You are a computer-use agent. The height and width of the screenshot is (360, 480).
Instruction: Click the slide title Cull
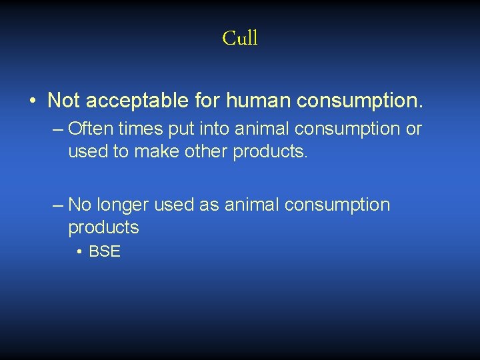click(x=240, y=38)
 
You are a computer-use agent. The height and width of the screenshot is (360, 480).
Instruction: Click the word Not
click(x=63, y=101)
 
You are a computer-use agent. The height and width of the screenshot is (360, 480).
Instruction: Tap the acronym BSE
click(x=104, y=253)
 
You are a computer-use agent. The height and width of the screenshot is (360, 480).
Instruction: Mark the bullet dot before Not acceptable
click(x=33, y=101)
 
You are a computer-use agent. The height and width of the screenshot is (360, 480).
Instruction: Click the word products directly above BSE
click(x=103, y=228)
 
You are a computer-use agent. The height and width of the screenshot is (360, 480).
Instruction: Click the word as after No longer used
click(x=209, y=205)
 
